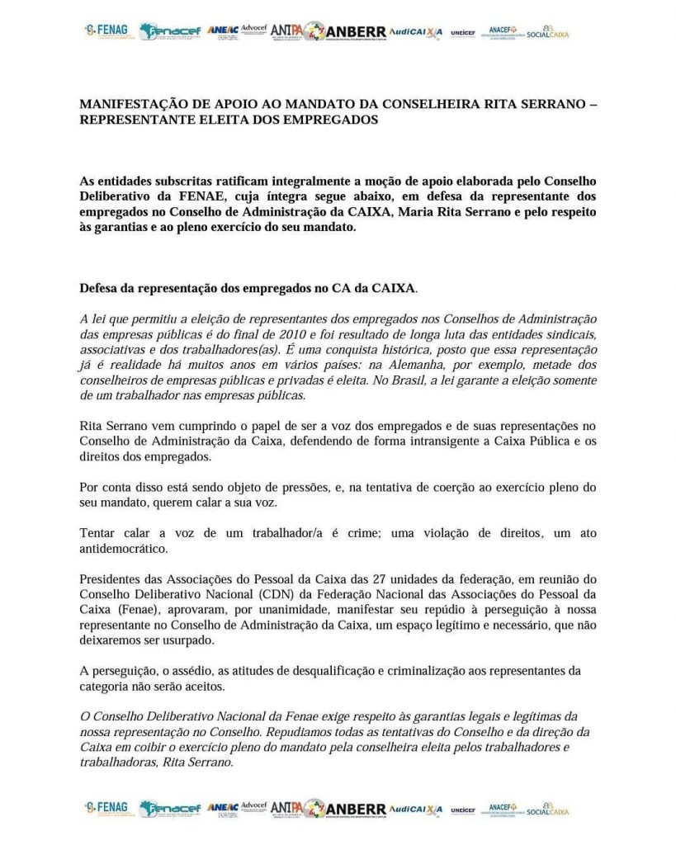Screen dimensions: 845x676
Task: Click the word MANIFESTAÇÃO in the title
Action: [130, 105]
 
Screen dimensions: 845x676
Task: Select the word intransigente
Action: [418, 444]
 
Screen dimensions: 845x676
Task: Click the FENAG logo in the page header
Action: [107, 31]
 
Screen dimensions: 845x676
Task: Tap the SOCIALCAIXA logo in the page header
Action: [547, 32]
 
